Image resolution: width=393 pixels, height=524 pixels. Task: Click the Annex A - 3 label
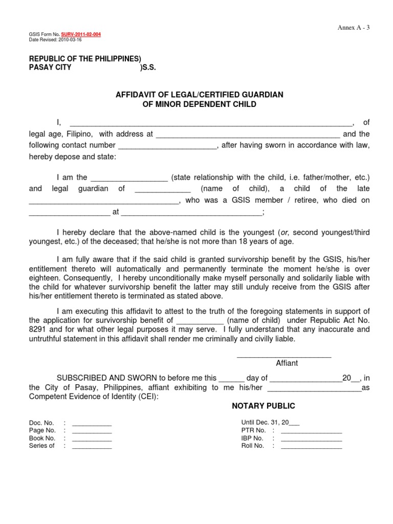point(353,27)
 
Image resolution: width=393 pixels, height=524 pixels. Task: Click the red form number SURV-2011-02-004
point(81,34)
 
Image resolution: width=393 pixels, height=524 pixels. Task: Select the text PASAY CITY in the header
point(51,67)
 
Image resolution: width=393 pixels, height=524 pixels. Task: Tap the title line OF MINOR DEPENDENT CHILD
point(199,104)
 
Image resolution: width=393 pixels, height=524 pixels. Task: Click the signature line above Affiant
point(284,356)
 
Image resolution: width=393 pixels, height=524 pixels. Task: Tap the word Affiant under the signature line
point(287,363)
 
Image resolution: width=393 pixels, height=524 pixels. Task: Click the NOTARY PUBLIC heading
point(264,406)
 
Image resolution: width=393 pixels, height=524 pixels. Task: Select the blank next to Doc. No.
point(92,425)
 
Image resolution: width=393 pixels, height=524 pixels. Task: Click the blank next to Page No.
point(92,432)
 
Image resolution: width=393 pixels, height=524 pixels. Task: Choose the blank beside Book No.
point(92,440)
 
